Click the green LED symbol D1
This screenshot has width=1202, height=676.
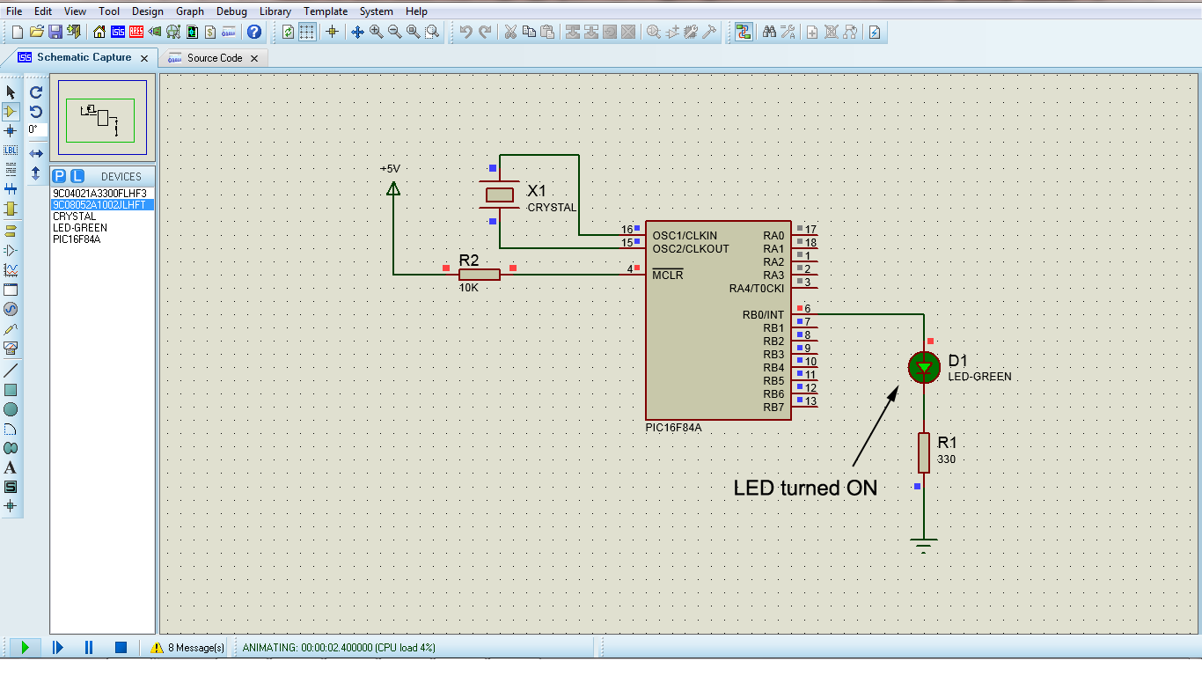923,368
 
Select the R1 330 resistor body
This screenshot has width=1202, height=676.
923,452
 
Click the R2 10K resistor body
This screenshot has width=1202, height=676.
480,275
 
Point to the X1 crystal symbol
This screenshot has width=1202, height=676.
500,195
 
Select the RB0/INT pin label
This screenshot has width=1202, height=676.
762,315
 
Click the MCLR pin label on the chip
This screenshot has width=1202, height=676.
667,276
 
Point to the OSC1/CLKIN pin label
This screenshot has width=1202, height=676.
684,236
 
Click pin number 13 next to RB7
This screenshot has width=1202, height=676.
810,401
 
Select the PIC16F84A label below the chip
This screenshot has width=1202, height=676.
673,427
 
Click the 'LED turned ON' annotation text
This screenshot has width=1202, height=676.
805,488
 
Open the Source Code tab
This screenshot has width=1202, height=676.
214,58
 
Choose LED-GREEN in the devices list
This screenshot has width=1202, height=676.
79,228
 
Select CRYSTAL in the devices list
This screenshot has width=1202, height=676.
75,217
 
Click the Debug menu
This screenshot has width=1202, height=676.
231,11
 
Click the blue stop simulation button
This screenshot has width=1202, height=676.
121,648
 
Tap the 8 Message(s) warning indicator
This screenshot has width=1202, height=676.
187,648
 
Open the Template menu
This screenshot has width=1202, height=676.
325,11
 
